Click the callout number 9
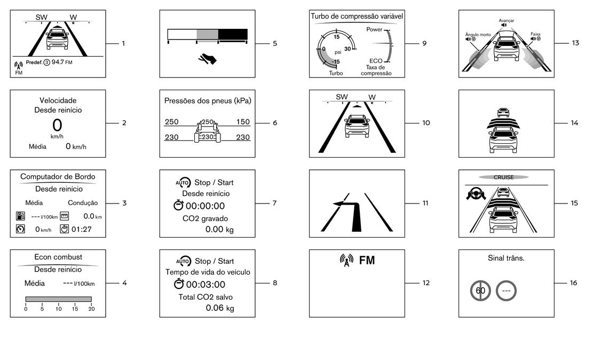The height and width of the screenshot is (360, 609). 424,43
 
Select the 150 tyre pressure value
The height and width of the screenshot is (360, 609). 243,122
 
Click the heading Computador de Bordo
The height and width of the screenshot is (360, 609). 58,177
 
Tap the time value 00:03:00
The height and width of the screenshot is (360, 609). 205,285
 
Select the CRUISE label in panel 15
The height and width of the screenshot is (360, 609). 503,177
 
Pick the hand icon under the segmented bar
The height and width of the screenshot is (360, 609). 207,59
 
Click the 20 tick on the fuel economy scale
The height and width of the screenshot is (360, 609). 91,309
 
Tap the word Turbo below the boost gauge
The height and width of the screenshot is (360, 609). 336,73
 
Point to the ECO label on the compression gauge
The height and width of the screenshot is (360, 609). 376,61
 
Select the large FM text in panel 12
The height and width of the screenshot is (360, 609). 367,261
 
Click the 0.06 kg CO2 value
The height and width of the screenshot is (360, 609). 220,308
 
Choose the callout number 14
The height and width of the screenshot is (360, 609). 574,123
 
